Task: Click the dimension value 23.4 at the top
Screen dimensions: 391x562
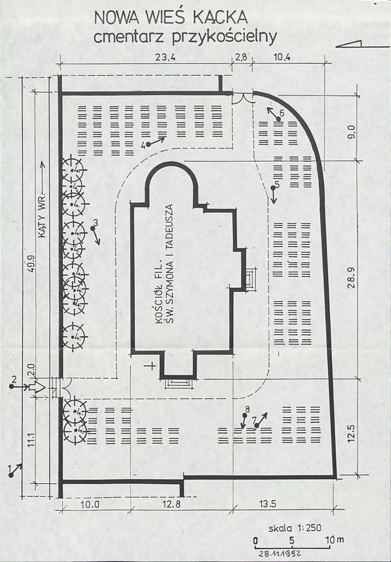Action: pyautogui.click(x=165, y=57)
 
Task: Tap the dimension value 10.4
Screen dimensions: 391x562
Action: pyautogui.click(x=282, y=57)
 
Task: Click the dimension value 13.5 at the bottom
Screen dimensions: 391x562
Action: pyautogui.click(x=267, y=504)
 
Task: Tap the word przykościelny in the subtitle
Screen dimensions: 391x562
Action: pyautogui.click(x=224, y=37)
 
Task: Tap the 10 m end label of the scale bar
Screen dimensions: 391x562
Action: pyautogui.click(x=334, y=540)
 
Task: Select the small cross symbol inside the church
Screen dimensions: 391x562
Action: pyautogui.click(x=152, y=366)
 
